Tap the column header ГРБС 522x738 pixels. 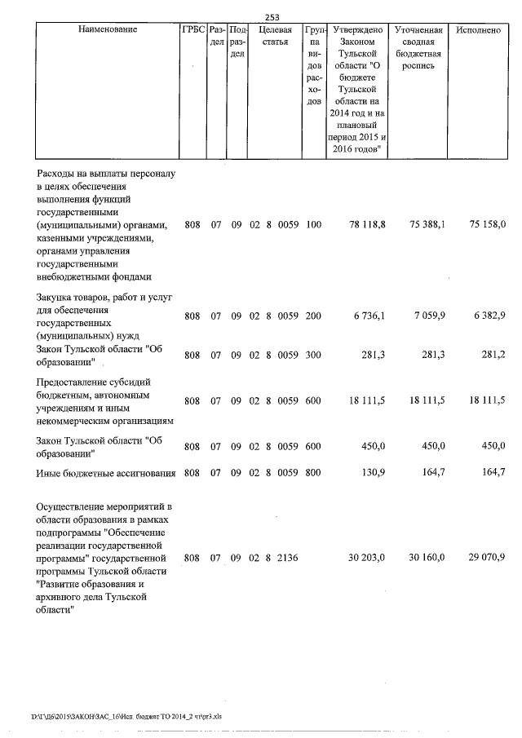tap(192, 30)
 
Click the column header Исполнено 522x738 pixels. tap(478, 30)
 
